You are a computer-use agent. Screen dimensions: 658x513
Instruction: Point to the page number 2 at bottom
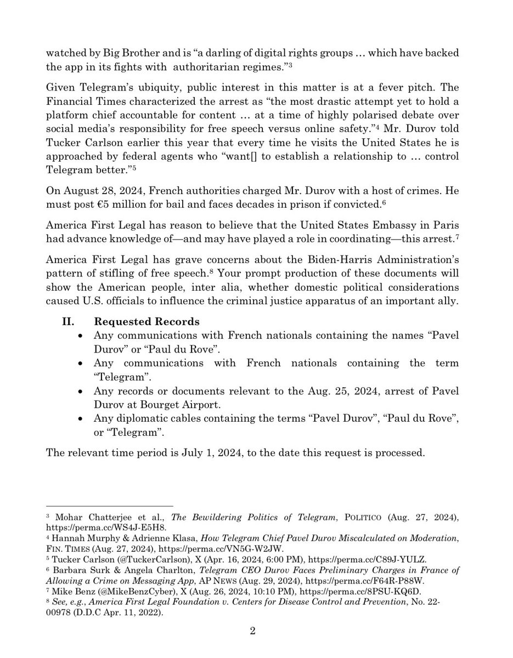(253, 631)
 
